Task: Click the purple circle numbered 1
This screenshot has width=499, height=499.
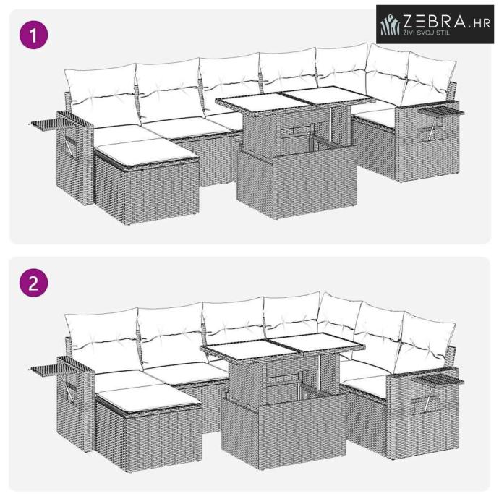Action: pyautogui.click(x=34, y=35)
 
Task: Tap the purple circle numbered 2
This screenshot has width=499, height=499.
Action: pyautogui.click(x=34, y=283)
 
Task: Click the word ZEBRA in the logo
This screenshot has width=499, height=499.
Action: pyautogui.click(x=435, y=21)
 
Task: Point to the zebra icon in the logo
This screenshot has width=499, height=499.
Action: pyautogui.click(x=391, y=25)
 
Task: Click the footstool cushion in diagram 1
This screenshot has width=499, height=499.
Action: pyautogui.click(x=146, y=152)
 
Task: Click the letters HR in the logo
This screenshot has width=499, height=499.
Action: pyautogui.click(x=482, y=23)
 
